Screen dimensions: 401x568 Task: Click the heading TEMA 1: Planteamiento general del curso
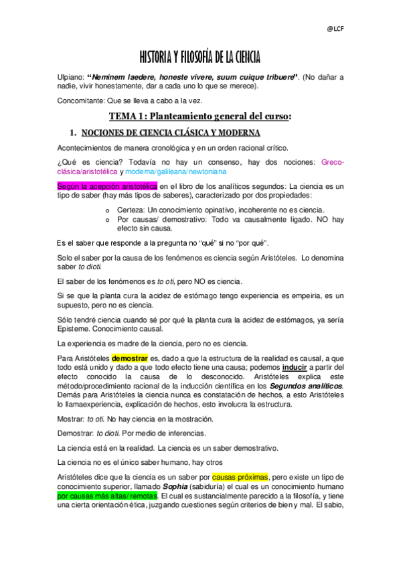tap(200, 116)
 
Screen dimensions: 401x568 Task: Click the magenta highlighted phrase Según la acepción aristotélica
tap(107, 185)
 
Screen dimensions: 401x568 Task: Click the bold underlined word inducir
tap(298, 368)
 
